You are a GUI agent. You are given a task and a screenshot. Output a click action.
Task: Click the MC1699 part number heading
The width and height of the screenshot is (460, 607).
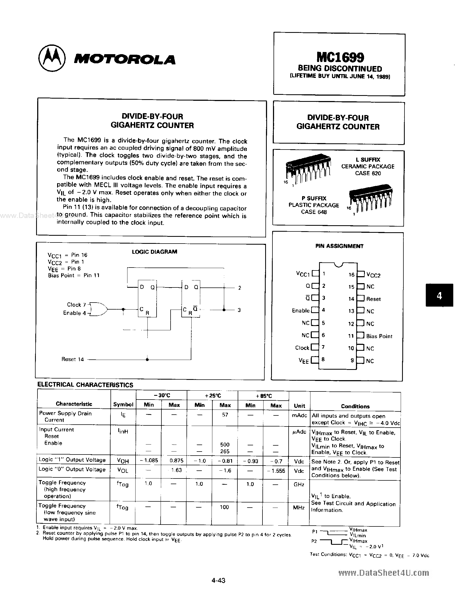[340, 57]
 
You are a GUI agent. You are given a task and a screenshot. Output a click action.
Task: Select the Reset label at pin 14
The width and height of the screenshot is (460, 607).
[373, 299]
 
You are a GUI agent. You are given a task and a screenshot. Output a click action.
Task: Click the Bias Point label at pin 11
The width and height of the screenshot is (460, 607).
[379, 336]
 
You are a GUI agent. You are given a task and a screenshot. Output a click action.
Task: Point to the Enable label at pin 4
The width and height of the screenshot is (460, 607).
[300, 311]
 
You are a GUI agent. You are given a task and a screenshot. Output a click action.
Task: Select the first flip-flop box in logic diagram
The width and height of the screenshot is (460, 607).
[147, 299]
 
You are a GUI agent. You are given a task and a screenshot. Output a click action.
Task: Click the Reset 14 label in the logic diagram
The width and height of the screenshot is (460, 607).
[72, 359]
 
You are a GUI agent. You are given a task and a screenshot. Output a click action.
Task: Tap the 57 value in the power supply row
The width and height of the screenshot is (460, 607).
[225, 415]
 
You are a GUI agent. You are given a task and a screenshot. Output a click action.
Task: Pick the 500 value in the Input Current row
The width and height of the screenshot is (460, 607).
[225, 444]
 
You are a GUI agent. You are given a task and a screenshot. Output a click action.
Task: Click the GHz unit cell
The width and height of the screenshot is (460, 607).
[299, 484]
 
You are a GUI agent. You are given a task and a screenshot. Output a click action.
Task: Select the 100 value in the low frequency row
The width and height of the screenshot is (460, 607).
[224, 507]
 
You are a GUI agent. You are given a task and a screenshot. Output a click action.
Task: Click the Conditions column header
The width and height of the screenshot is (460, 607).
[355, 406]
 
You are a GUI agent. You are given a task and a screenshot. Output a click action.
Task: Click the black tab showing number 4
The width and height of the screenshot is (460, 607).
[439, 295]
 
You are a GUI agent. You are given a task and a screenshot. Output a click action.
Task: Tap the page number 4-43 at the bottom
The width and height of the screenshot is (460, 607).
[219, 580]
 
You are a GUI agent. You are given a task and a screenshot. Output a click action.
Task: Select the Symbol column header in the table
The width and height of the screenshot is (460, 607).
[123, 404]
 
